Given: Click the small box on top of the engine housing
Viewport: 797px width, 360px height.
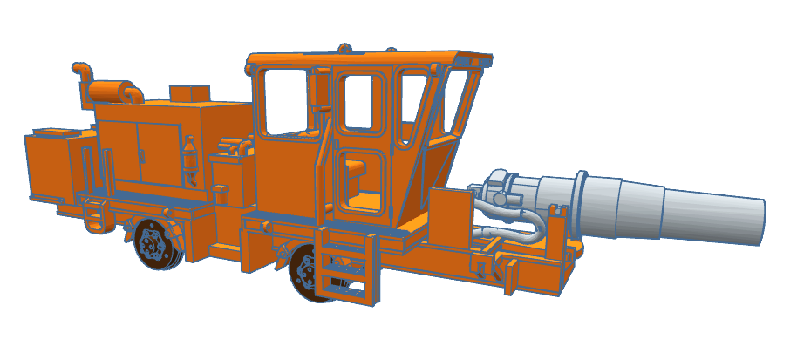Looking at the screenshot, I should (188, 93).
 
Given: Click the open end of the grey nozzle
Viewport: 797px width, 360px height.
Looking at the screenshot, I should (758, 221).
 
